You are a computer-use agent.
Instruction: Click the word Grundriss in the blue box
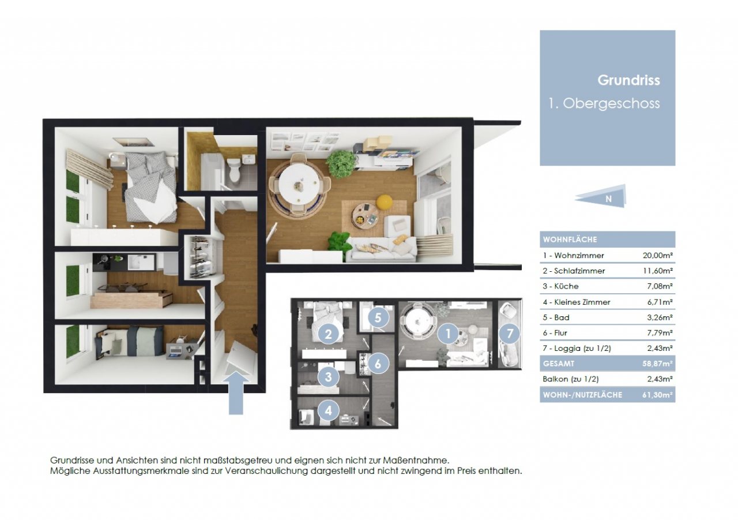[628, 80]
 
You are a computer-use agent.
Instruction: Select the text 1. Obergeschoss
[604, 104]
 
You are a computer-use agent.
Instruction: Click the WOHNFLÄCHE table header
[570, 240]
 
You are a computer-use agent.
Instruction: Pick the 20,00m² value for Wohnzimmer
[657, 255]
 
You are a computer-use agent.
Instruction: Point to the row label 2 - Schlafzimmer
[574, 271]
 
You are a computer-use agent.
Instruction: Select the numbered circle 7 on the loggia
[509, 333]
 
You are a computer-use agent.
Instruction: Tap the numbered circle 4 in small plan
[328, 411]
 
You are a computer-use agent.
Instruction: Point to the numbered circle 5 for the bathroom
[378, 317]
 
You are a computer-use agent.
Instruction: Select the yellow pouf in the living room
[384, 202]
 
